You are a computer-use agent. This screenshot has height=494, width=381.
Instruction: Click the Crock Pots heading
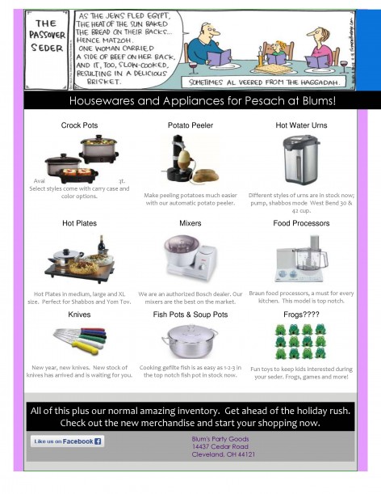[x=79, y=126]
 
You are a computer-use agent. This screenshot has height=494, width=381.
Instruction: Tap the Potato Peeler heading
[x=190, y=126]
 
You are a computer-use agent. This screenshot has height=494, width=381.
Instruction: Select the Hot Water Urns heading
[x=303, y=126]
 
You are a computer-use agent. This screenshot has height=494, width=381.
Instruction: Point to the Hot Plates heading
[x=79, y=222]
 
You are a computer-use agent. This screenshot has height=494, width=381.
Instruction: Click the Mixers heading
[x=190, y=222]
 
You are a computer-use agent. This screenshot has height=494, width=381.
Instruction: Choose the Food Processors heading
[x=303, y=222]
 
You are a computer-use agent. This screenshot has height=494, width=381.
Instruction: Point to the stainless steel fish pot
[x=190, y=340]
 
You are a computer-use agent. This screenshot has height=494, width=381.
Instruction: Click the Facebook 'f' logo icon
[x=98, y=441]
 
